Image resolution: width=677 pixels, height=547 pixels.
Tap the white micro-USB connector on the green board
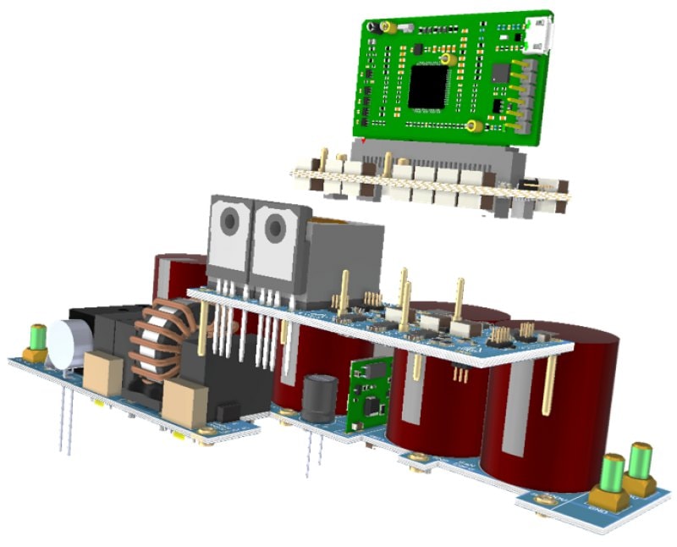(x=538, y=35)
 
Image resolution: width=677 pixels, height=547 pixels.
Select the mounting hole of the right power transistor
(x=275, y=226)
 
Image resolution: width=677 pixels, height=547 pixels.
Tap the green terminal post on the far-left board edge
(x=37, y=337)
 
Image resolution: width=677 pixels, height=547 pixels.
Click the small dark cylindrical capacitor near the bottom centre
(x=321, y=399)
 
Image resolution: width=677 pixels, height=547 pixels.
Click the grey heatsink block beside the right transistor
(x=338, y=258)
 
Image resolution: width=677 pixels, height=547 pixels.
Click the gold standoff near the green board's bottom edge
(x=476, y=126)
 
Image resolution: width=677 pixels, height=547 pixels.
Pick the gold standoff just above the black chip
(x=445, y=59)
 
